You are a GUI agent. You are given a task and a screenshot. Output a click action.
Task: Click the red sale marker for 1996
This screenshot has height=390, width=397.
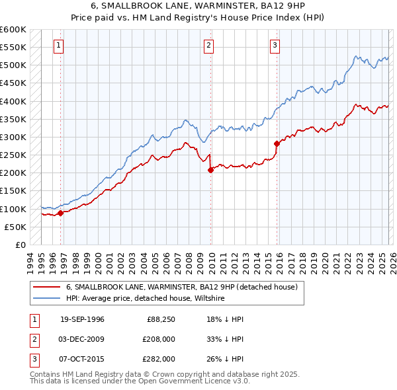click(x=60, y=213)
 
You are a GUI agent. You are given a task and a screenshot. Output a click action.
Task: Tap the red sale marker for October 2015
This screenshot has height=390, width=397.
click(x=277, y=143)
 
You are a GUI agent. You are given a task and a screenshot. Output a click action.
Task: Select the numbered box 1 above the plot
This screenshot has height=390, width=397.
click(x=59, y=46)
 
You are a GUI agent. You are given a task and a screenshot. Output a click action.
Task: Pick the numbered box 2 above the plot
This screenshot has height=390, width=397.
click(x=208, y=46)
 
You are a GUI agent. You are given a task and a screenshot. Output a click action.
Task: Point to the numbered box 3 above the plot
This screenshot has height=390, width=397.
click(x=274, y=46)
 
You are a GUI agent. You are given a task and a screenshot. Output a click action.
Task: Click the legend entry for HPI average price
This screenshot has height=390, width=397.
click(x=146, y=299)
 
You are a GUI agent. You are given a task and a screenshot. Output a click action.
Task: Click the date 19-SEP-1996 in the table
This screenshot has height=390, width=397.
click(x=82, y=319)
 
